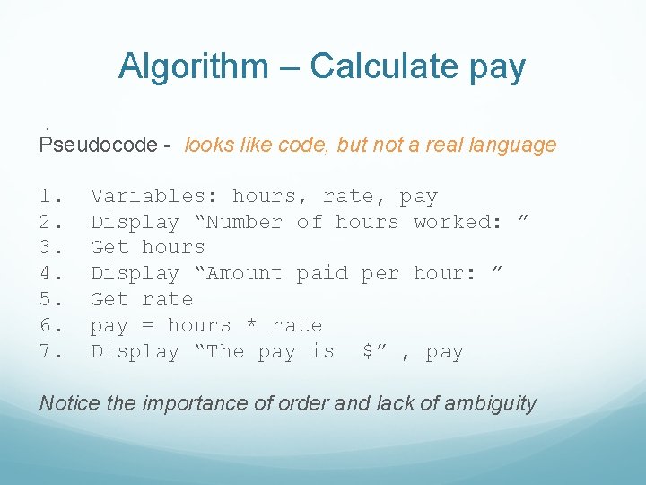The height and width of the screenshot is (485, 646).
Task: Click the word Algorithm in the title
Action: pyautogui.click(x=193, y=66)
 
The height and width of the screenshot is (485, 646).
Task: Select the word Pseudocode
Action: pyautogui.click(x=90, y=145)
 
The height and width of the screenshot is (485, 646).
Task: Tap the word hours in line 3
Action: pyautogui.click(x=174, y=248)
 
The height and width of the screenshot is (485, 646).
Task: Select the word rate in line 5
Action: pyautogui.click(x=168, y=299)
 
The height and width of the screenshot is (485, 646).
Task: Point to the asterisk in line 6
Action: pyautogui.click(x=251, y=325)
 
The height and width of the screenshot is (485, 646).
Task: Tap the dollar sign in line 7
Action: pyautogui.click(x=368, y=351)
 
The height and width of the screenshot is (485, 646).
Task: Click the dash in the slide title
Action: pyautogui.click(x=288, y=67)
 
